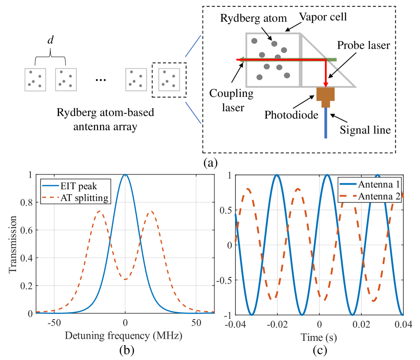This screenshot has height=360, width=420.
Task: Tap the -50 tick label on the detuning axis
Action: pos(54,324)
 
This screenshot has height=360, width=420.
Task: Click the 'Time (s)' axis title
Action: pos(319,337)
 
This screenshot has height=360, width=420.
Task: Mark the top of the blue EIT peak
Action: pos(125,175)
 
